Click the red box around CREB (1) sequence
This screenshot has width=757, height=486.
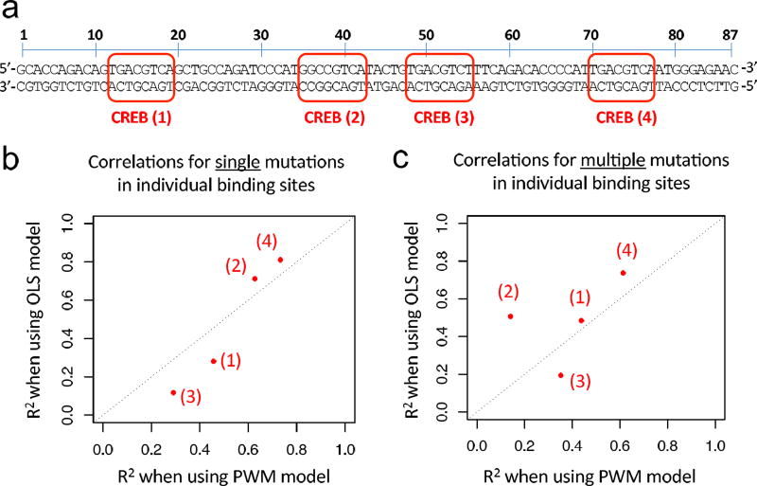pyautogui.click(x=142, y=79)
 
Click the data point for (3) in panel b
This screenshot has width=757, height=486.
pyautogui.click(x=173, y=392)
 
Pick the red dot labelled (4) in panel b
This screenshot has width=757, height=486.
pyautogui.click(x=280, y=260)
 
